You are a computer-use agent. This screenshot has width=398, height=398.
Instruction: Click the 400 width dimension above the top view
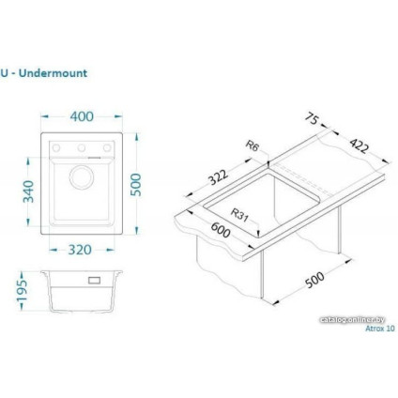83,116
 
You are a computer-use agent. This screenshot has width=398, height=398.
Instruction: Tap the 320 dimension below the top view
84,252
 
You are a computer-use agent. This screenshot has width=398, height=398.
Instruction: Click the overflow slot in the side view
95,279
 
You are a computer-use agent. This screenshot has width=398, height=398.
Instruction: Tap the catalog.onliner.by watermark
358,320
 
